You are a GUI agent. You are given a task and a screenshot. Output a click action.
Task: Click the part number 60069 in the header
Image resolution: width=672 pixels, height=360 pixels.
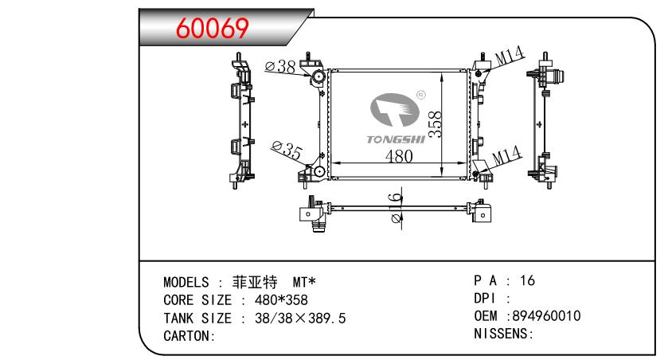pos(213,29)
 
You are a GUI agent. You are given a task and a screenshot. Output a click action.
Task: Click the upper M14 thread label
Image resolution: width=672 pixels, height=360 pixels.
pos(509,57)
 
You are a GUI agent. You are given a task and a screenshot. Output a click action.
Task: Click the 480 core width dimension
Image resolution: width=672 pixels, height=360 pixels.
pos(398,157)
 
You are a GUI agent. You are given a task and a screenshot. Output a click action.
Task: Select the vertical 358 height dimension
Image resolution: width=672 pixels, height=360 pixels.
pos(435,123)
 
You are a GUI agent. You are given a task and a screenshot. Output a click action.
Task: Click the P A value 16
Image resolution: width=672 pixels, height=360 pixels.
pos(527,281)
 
